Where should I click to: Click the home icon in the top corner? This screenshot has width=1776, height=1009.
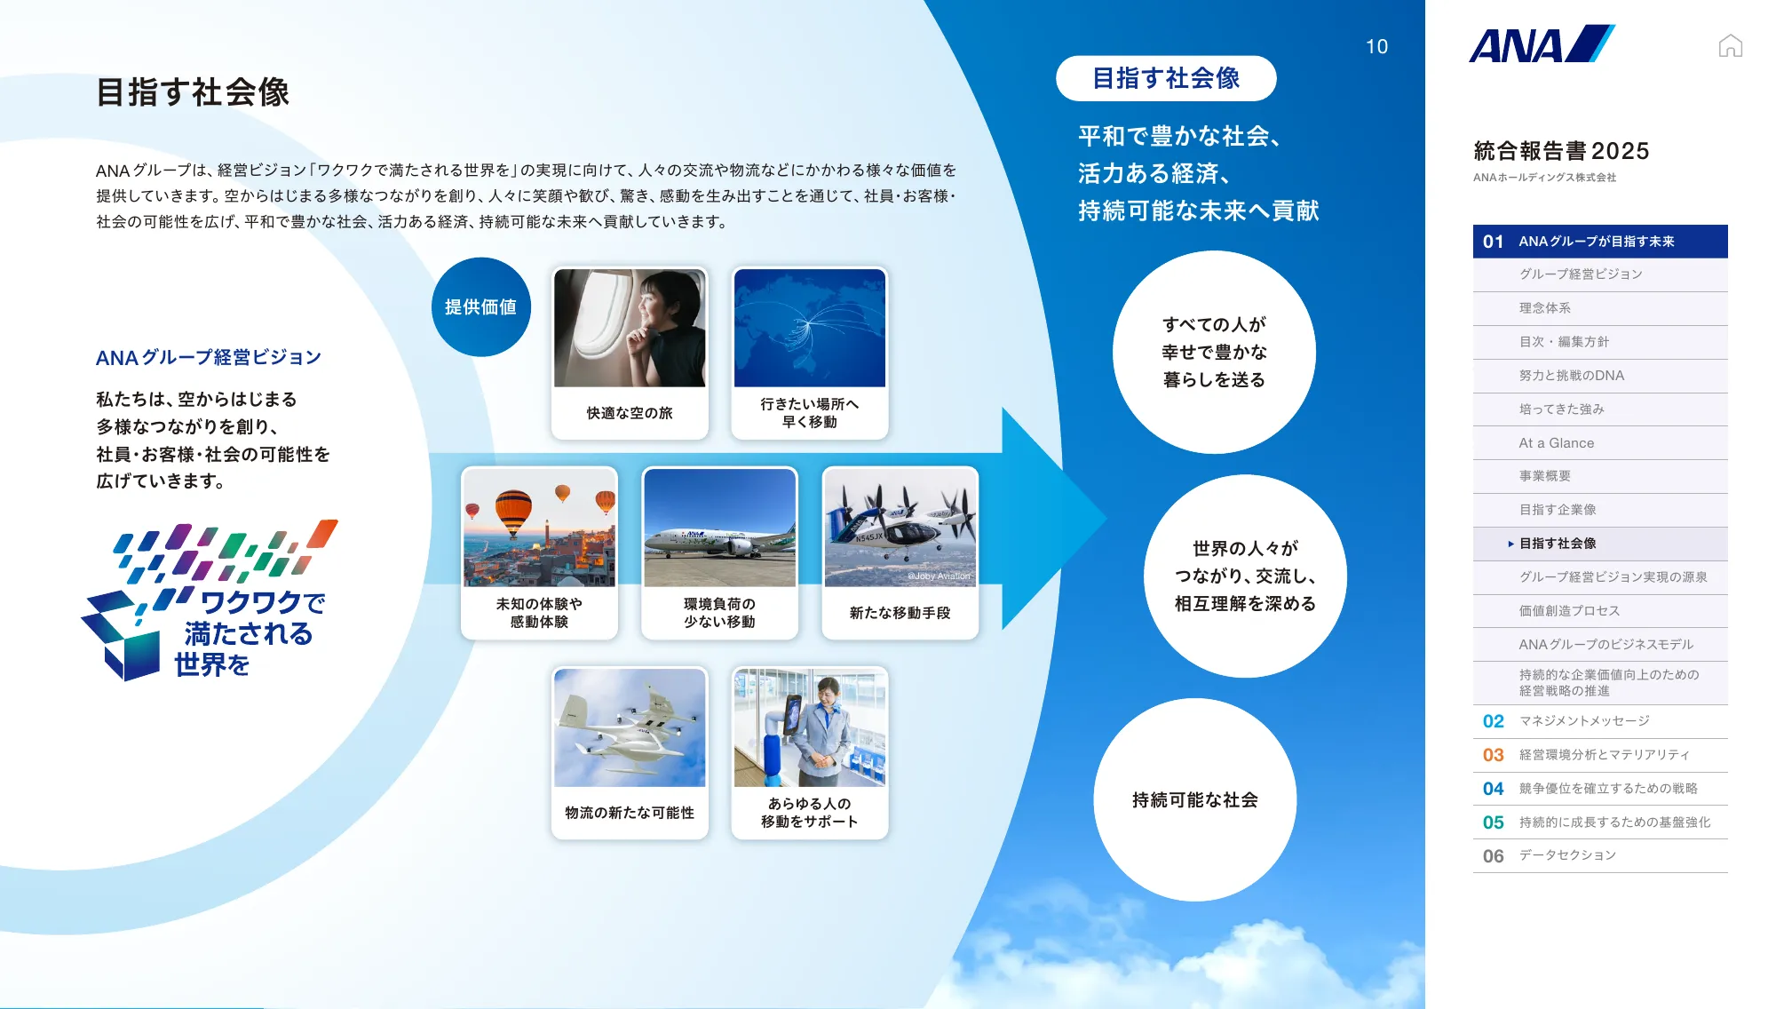(x=1730, y=46)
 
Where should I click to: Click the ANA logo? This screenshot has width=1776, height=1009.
(x=1541, y=44)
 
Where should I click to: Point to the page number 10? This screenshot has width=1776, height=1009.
(x=1376, y=47)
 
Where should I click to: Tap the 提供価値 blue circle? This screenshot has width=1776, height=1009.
(x=480, y=307)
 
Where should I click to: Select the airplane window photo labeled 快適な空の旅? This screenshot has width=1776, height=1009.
(x=630, y=328)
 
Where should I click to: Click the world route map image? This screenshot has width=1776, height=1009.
(x=809, y=328)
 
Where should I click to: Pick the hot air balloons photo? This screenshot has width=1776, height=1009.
(x=539, y=528)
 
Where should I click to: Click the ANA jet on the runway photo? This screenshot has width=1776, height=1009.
(x=719, y=528)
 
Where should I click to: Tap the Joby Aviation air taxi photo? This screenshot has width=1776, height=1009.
(x=900, y=528)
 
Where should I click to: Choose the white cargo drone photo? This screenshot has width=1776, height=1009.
(x=630, y=727)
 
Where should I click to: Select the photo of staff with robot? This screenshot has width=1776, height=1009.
(x=809, y=727)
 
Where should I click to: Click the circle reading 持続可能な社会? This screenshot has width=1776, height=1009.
(x=1194, y=799)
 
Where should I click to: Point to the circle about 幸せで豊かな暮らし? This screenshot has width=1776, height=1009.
(x=1214, y=352)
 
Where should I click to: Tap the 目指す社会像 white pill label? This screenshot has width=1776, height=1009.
(x=1166, y=78)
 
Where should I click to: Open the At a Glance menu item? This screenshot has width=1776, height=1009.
(x=1556, y=443)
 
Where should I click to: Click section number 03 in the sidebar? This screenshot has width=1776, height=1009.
(x=1493, y=755)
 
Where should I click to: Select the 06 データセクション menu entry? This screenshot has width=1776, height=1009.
(x=1566, y=855)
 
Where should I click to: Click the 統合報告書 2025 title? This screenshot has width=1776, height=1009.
(x=1561, y=151)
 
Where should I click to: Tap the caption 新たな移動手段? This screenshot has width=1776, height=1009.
(x=900, y=613)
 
